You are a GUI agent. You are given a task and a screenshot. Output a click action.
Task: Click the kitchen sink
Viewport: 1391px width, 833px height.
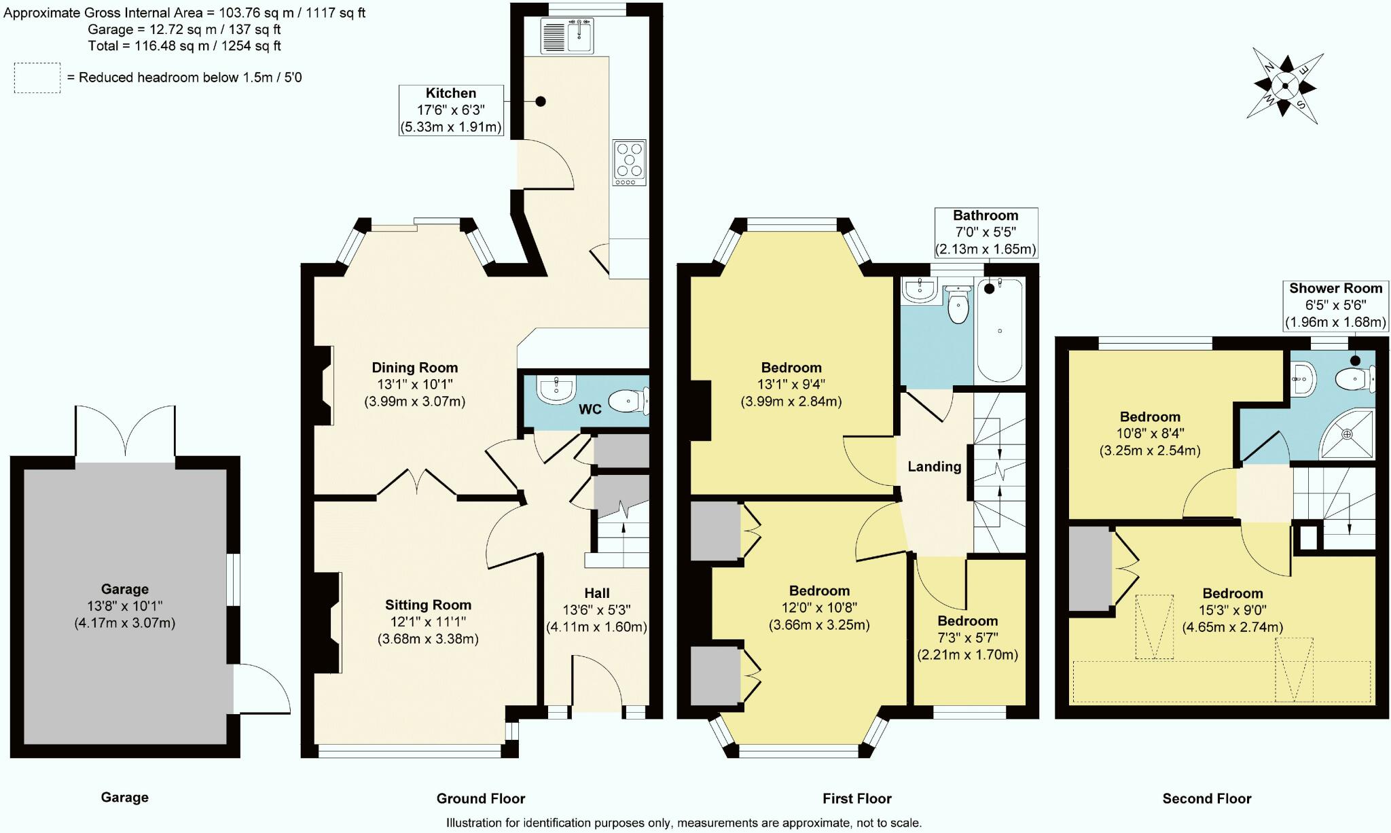(567, 36)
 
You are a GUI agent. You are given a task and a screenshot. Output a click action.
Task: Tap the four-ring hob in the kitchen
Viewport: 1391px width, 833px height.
(629, 162)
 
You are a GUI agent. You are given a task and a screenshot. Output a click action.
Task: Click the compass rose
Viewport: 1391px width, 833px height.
(1285, 86)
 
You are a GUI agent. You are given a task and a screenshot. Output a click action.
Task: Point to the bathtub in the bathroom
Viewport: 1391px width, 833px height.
(999, 330)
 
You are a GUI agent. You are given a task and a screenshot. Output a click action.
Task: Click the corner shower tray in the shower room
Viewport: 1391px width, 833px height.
(1348, 433)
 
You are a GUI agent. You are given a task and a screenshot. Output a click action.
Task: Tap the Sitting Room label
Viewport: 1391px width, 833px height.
(428, 605)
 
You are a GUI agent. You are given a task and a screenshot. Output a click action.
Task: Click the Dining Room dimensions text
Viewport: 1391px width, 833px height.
(414, 393)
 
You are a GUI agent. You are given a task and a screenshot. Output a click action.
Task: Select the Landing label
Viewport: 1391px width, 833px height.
(935, 466)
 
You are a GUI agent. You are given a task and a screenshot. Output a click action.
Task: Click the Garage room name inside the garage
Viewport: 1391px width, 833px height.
(125, 589)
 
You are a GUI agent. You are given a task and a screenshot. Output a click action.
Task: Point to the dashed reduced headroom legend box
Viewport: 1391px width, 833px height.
(37, 77)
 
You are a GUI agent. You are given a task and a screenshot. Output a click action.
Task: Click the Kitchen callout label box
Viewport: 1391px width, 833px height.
(451, 110)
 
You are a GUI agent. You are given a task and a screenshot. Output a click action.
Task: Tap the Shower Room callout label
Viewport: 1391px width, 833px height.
(1335, 305)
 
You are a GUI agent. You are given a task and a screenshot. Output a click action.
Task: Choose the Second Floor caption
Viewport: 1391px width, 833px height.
(1207, 798)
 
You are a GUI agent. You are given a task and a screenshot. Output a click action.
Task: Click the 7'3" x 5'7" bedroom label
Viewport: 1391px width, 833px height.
(968, 638)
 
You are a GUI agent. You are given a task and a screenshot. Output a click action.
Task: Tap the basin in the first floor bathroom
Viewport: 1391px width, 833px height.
(920, 290)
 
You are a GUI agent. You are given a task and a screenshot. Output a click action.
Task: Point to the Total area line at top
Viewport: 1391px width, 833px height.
(184, 46)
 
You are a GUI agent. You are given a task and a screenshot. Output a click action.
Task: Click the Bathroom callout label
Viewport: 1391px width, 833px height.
(986, 232)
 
